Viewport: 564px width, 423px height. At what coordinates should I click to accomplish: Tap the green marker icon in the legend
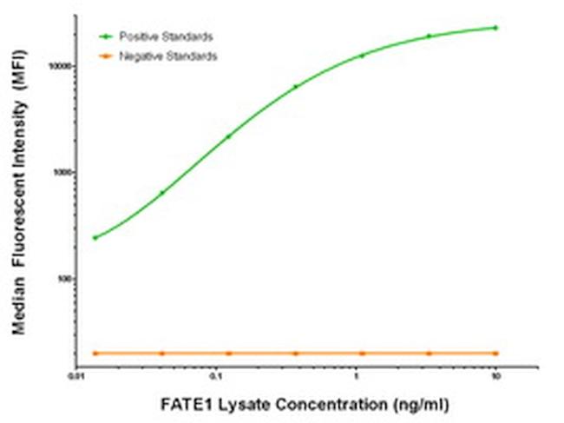point(107,36)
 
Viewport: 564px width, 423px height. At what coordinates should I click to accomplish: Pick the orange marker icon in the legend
point(107,56)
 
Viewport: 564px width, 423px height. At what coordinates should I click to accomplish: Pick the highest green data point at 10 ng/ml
point(495,28)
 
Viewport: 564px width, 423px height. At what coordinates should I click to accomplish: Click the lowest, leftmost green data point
point(95,237)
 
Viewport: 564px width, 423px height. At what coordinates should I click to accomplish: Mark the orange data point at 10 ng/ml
point(495,354)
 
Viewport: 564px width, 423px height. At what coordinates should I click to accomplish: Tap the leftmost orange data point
point(95,354)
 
